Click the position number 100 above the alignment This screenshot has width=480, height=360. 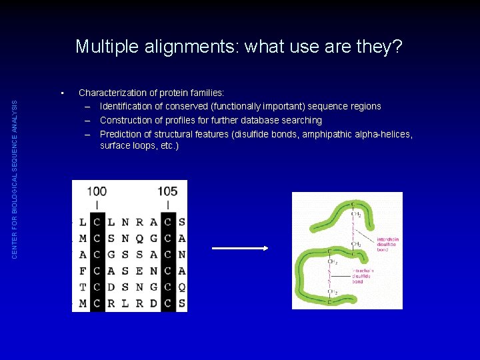click(97, 191)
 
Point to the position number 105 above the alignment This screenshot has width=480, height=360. click(167, 191)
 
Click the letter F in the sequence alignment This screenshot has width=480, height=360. click(82, 270)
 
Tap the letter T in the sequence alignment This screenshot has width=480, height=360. click(82, 287)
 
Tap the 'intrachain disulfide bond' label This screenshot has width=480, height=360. click(363, 276)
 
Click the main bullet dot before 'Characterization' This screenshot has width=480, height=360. click(61, 93)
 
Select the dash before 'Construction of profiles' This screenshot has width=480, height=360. click(87, 120)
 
